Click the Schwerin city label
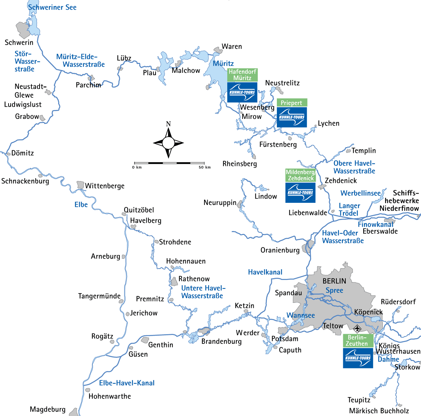tap(19, 42)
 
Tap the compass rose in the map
tap(168, 142)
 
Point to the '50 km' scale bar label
tap(204, 167)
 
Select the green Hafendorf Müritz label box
tap(242, 75)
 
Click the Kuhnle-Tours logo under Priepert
tap(292, 117)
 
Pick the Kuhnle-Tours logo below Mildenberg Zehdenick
tap(300, 192)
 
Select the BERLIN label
tap(334, 281)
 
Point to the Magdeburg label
tap(48, 409)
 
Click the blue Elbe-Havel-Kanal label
tap(127, 383)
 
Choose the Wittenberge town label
tap(105, 186)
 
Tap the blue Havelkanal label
tap(265, 272)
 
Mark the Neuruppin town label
tap(220, 202)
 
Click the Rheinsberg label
tap(240, 164)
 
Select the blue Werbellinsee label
tap(361, 193)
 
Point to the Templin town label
tap(364, 151)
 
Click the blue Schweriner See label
tap(52, 7)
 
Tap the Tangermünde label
tap(99, 296)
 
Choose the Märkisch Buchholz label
tap(379, 411)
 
